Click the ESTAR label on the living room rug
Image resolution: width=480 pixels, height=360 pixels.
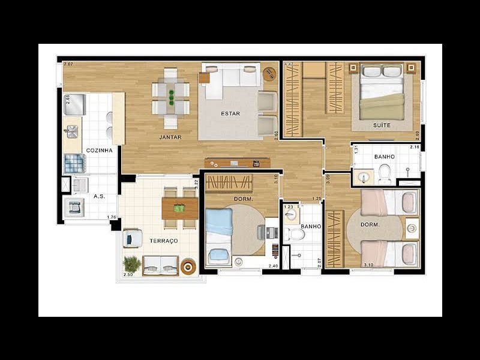point(231,113)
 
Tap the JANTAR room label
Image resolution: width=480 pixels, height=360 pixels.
point(170,137)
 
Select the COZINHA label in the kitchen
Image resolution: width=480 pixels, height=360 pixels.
point(100,150)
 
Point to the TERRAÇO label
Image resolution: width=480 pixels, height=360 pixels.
point(164,241)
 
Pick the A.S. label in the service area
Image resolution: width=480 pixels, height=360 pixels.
point(99,196)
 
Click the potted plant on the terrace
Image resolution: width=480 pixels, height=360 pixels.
point(131,263)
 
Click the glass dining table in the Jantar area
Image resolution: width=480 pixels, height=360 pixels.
point(170,98)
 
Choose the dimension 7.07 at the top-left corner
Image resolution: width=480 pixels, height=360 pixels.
point(68,64)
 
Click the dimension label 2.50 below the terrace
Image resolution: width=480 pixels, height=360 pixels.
point(128,275)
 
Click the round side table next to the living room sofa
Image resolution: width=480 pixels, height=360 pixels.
point(269,74)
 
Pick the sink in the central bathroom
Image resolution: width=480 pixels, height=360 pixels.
point(291,214)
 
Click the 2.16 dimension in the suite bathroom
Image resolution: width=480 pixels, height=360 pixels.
point(414,147)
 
